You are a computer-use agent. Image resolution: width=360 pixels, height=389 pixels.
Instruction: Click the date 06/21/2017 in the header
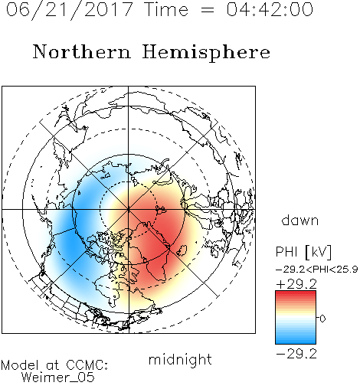[70, 10]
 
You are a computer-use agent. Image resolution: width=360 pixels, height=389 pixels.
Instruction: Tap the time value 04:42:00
[270, 9]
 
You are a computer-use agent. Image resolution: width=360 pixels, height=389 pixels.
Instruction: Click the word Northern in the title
[82, 51]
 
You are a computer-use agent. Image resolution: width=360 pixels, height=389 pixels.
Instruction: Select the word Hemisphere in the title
[206, 53]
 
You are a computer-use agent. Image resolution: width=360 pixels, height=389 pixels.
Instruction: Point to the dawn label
[300, 220]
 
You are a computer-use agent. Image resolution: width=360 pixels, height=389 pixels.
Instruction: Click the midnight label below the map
[180, 359]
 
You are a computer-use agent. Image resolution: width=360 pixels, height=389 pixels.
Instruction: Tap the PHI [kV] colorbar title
[303, 252]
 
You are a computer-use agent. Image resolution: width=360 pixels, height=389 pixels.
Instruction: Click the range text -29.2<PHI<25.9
[317, 270]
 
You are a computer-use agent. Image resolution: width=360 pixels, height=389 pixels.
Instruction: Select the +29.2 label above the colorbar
[296, 284]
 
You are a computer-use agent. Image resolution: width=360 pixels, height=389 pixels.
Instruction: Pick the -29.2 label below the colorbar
[296, 354]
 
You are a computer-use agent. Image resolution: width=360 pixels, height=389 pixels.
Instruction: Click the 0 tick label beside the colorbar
[322, 319]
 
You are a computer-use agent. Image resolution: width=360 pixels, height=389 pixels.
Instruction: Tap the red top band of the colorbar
[296, 294]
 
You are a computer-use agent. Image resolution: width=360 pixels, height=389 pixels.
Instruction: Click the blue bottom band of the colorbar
[296, 340]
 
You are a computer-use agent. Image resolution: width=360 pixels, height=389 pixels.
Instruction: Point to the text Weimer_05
[58, 378]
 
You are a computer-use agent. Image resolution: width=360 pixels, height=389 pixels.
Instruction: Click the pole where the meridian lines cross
[128, 209]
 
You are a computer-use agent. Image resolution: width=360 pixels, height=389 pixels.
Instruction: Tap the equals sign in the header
[208, 10]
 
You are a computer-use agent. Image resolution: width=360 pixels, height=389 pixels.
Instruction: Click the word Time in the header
[166, 9]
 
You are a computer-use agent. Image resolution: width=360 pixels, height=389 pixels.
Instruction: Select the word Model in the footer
[20, 365]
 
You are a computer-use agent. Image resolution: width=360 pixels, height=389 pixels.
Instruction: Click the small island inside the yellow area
[182, 250]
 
